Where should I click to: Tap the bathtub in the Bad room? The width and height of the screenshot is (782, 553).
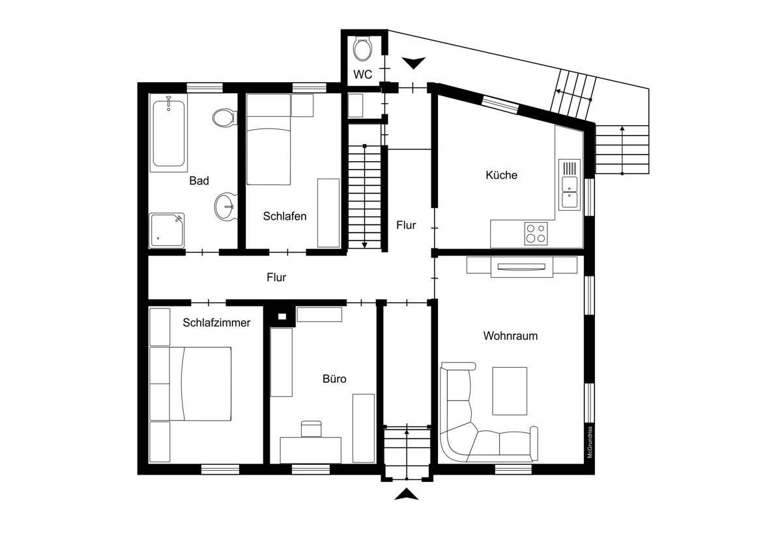point(168,133)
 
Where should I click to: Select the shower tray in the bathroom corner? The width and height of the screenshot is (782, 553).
point(167,230)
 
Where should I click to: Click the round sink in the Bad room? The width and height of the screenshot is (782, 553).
point(225,207)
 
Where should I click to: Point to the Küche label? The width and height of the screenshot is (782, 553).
point(501,175)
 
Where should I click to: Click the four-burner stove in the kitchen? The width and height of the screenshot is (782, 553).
point(536,233)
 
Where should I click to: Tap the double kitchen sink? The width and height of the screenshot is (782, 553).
point(570,184)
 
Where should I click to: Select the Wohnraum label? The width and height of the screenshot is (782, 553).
point(510,336)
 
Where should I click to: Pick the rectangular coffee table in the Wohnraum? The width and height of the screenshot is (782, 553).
point(509,391)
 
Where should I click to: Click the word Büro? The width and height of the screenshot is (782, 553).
point(334,379)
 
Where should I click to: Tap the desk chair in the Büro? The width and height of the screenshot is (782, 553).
point(311,428)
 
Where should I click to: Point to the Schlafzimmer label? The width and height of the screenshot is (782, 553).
point(216,322)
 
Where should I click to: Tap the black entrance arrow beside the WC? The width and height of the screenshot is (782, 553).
point(413,63)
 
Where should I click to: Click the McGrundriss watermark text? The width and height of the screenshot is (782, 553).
point(589,442)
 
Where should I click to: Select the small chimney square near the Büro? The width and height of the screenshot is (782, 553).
point(282,317)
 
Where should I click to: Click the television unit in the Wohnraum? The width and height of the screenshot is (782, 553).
point(521,266)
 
